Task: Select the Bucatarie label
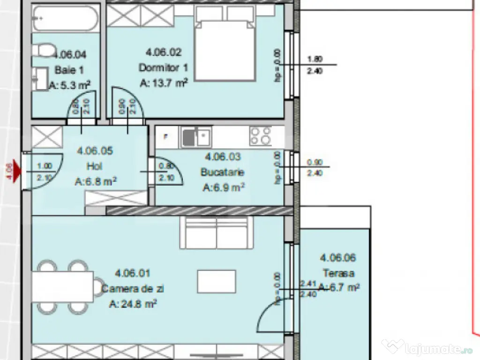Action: [x=222, y=172]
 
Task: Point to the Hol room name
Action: [x=94, y=166]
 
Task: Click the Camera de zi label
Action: [x=133, y=289]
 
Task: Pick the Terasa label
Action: [x=338, y=273]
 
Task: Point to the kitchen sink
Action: [x=196, y=136]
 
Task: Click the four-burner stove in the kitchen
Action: [x=260, y=136]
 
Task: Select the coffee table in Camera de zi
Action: [x=216, y=282]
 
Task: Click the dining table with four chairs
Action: [x=62, y=286]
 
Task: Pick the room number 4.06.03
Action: [x=223, y=157]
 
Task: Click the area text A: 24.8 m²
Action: [x=133, y=304]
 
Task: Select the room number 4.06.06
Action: [x=338, y=257]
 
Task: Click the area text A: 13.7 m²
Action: [x=164, y=83]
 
